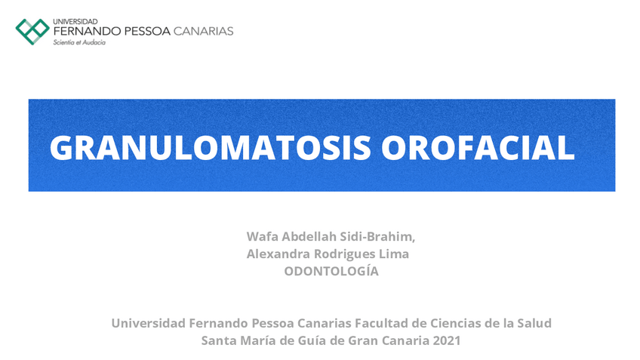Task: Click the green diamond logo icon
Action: point(32,31)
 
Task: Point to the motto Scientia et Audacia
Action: point(79,43)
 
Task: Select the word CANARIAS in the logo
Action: point(203,31)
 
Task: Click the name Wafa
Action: point(263,237)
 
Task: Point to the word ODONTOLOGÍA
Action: point(331,272)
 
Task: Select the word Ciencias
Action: point(454,323)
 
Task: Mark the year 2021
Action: point(445,340)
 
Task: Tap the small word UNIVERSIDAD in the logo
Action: point(75,21)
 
